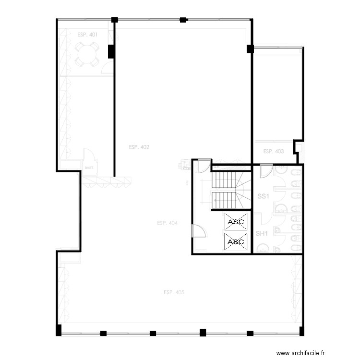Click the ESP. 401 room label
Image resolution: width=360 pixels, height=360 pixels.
point(87,35)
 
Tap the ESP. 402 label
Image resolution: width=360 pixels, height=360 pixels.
point(139,147)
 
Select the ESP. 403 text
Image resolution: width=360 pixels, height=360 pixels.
point(273,152)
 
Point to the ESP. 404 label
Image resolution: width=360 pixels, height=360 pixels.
point(167,223)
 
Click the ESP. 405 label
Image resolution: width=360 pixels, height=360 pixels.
point(174,292)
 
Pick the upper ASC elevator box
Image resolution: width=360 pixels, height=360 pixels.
point(236,222)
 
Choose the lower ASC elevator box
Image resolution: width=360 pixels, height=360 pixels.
point(236,242)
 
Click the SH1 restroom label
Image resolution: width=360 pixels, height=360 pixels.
point(261,234)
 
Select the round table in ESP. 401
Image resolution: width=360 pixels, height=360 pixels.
point(87,53)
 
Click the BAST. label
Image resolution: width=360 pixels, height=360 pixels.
point(89,168)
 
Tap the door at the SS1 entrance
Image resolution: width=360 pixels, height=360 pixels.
point(266,171)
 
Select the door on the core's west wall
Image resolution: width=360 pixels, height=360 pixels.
point(199,231)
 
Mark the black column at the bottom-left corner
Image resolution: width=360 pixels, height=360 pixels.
point(59,330)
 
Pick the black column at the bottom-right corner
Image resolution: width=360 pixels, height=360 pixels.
point(301,331)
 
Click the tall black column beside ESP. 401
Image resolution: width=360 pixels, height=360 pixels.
point(111,51)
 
